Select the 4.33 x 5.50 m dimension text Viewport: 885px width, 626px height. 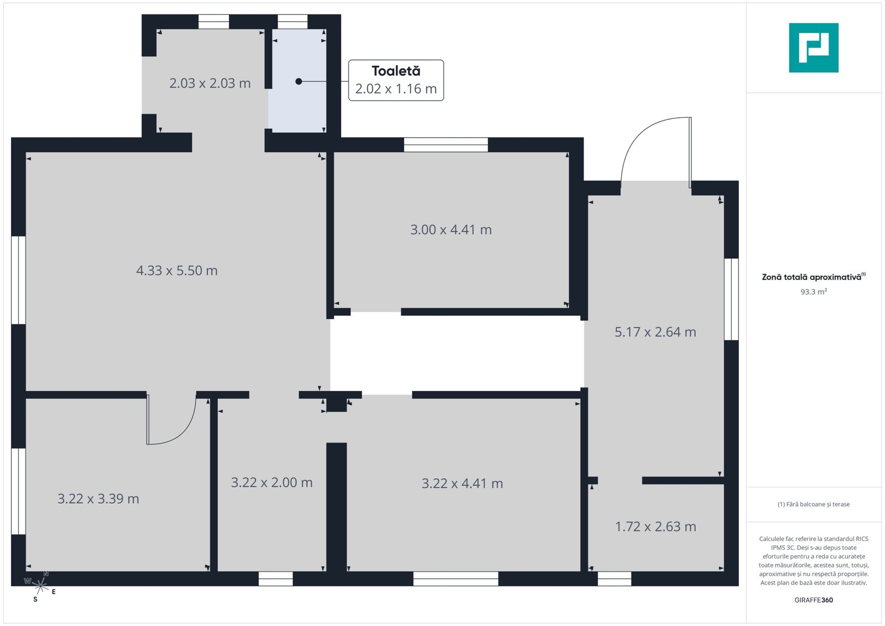tap(176, 270)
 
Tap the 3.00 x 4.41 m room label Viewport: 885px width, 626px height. tap(451, 229)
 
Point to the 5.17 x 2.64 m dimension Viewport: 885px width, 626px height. tap(655, 332)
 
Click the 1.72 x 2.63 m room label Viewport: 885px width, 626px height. tap(655, 526)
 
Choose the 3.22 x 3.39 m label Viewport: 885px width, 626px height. tap(98, 499)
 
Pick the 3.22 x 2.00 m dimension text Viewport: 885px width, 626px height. tap(272, 482)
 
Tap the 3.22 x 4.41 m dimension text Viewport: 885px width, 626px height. tap(462, 483)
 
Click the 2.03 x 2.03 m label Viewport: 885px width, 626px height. tap(210, 83)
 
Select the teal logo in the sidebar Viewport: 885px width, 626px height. tap(814, 48)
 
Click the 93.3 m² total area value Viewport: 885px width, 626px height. tap(814, 292)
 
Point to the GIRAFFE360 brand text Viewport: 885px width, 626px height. tap(814, 600)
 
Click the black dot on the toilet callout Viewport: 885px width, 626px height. tap(299, 81)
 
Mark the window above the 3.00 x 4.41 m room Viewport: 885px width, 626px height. tap(446, 144)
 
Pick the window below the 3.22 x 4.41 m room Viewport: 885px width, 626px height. tap(456, 578)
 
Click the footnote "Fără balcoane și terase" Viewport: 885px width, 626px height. tap(814, 504)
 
